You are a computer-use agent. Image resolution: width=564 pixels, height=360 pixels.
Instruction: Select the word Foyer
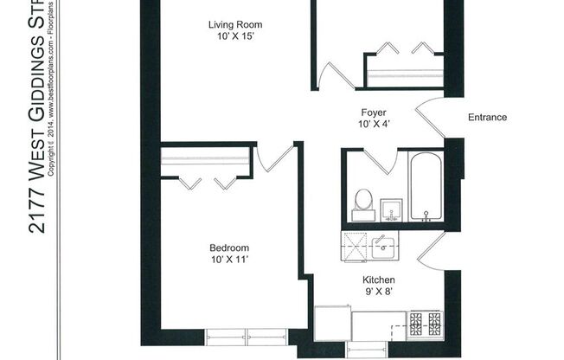click(373, 112)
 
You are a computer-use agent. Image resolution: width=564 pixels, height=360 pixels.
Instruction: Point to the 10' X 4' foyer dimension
click(373, 125)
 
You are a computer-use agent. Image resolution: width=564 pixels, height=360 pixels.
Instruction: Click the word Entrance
click(487, 118)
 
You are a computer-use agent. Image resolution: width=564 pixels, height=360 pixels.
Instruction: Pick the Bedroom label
click(229, 247)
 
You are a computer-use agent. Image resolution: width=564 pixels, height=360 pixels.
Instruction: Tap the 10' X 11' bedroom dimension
click(229, 260)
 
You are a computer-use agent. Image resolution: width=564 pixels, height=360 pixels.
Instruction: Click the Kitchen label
click(378, 280)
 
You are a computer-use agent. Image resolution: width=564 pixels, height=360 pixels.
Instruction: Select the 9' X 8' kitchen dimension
click(378, 293)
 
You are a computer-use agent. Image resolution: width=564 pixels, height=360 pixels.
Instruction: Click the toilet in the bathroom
click(363, 202)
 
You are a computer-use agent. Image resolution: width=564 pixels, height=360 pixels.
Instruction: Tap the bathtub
click(425, 188)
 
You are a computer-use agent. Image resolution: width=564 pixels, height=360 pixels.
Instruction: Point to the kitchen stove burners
click(425, 325)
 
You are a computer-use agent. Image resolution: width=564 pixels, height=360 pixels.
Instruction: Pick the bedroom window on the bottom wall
click(248, 336)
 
